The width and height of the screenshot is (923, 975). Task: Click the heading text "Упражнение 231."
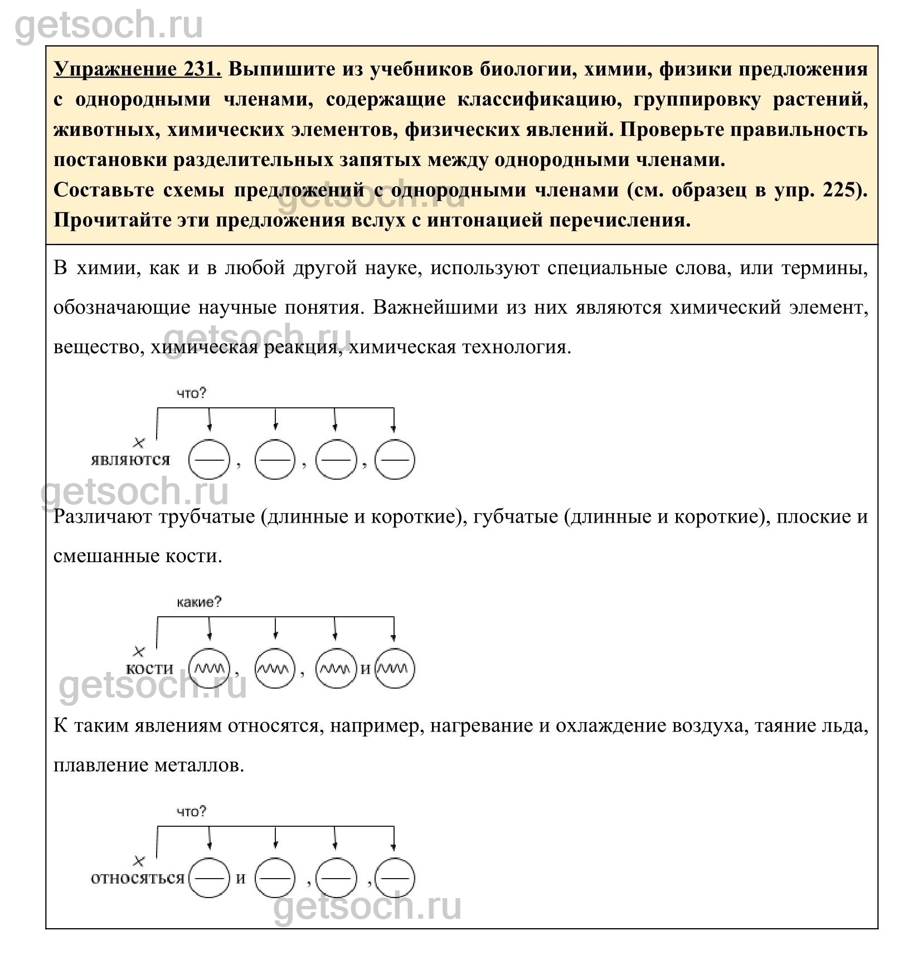[x=137, y=70]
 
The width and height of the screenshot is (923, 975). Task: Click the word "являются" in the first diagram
[x=130, y=460]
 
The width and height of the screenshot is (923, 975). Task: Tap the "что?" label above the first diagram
[x=192, y=393]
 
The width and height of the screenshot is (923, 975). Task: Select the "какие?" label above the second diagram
[x=199, y=602]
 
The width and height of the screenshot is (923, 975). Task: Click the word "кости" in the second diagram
[x=150, y=669]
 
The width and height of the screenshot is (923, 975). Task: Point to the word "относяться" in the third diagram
[x=137, y=878]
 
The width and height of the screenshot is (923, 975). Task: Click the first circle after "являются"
[x=209, y=460]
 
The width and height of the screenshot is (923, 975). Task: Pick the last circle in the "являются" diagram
[x=395, y=460]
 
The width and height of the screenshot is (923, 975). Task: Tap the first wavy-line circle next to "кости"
[x=209, y=669]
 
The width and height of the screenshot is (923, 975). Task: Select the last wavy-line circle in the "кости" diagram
[x=395, y=669]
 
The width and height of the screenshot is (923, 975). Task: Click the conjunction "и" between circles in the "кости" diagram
[x=365, y=669]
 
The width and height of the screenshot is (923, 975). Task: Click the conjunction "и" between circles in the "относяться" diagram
[x=241, y=879]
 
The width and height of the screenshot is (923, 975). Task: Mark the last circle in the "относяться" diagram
[x=395, y=878]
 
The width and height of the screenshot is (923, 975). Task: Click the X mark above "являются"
[x=139, y=443]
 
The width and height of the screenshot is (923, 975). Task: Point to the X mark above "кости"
[x=139, y=651]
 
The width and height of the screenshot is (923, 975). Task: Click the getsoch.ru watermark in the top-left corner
[x=109, y=25]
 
